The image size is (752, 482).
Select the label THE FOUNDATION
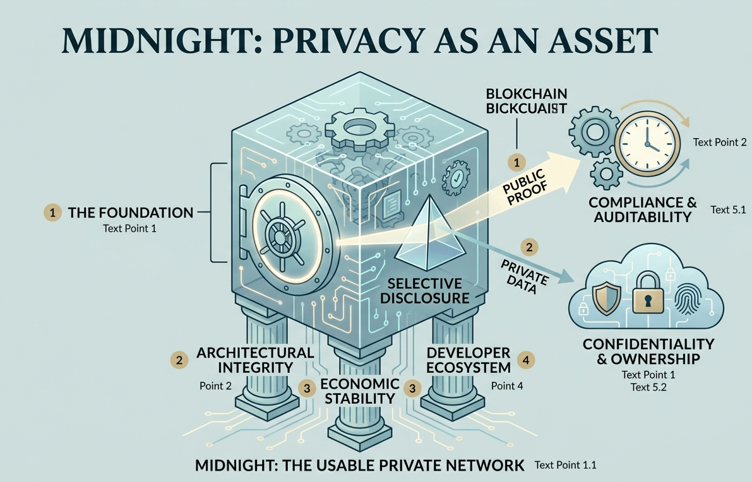[130, 213]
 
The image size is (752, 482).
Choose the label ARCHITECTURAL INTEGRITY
[254, 360]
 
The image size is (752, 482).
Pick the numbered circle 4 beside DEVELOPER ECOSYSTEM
[525, 360]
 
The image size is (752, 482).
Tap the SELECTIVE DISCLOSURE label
[424, 290]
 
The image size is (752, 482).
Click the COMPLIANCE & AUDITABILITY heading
[642, 210]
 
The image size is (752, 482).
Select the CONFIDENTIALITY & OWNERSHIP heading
[648, 351]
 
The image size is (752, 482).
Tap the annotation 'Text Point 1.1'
[565, 465]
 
